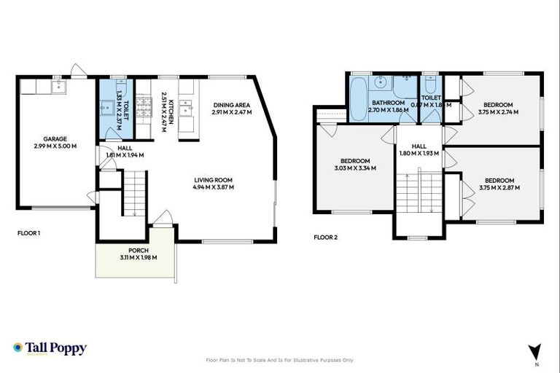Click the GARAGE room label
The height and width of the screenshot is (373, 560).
point(55,138)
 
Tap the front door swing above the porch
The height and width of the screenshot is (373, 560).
point(165,218)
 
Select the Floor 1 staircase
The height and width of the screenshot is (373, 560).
point(136,191)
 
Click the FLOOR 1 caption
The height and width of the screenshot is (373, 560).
point(28,234)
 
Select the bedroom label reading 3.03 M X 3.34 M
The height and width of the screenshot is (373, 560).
point(355,168)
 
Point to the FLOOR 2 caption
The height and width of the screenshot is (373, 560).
point(325,237)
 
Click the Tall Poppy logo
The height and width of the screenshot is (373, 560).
point(50,348)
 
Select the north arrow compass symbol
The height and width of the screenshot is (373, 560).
point(537,351)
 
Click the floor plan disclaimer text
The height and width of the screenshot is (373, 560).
point(280,360)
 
